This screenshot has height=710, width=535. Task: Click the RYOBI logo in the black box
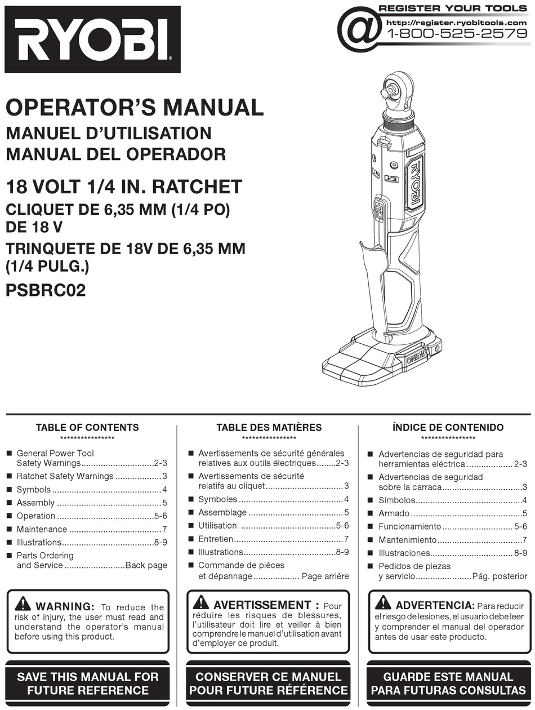pos(92,39)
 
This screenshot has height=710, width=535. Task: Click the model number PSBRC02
pos(46,291)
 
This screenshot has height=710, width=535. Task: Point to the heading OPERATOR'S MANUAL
pos(135,107)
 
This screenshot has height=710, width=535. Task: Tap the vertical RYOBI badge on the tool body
pos(415,183)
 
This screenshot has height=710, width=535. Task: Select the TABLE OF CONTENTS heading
pos(87,428)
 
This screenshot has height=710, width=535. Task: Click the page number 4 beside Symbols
pos(164,490)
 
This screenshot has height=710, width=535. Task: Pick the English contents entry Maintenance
pos(42,529)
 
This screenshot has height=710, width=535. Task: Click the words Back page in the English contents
pos(146,565)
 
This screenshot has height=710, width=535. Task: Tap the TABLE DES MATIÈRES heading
pos(269,428)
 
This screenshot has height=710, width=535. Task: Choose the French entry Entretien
pos(216,539)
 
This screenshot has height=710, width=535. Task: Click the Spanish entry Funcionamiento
pos(410,526)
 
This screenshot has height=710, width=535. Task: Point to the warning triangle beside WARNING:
pos(23,603)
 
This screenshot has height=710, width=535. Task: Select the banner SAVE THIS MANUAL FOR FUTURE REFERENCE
pos(88,684)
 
